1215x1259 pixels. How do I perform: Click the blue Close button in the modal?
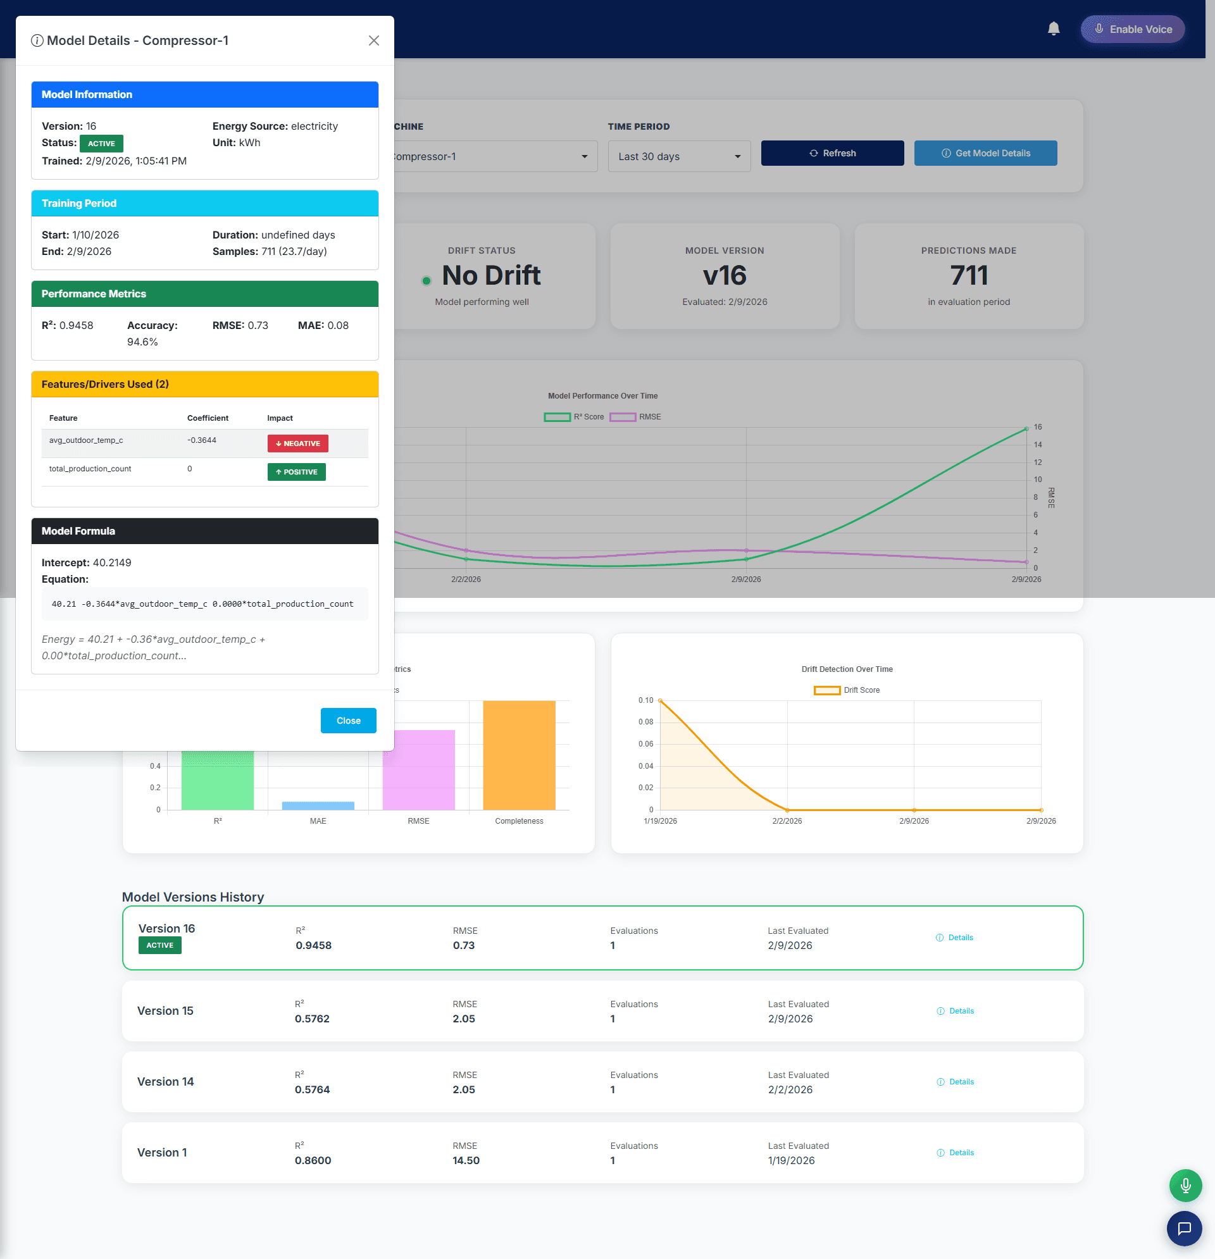[x=348, y=720]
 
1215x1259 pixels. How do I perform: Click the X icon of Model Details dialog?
[x=373, y=40]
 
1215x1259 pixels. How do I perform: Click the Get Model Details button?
[x=985, y=153]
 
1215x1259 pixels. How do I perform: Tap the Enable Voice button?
[x=1132, y=29]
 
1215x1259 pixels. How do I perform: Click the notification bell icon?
[x=1053, y=29]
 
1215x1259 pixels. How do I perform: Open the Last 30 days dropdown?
[x=678, y=156]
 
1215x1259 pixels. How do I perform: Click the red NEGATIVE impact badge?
[x=297, y=443]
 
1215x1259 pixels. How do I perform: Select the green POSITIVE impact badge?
[x=296, y=471]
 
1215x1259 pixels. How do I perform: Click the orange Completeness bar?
[x=518, y=755]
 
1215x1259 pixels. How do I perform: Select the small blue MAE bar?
[x=318, y=805]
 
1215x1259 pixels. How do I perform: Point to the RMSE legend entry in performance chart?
[x=635, y=417]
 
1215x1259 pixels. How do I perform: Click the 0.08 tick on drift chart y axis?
[x=645, y=721]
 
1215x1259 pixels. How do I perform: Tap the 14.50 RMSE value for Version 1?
[x=466, y=1160]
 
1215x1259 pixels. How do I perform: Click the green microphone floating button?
[x=1185, y=1185]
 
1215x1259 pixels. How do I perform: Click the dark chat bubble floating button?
[x=1183, y=1228]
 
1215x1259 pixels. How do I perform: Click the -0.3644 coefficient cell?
[x=202, y=440]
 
